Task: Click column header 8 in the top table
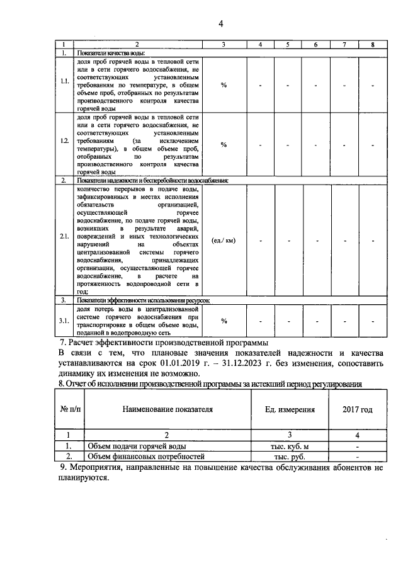(373, 45)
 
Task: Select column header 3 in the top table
(224, 45)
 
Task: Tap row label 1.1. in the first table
(64, 82)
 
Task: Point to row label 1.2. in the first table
(64, 144)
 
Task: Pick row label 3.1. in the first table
(64, 321)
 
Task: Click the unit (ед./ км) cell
(224, 240)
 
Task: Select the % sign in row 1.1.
(224, 85)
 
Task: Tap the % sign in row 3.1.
(224, 321)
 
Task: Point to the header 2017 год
(357, 409)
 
